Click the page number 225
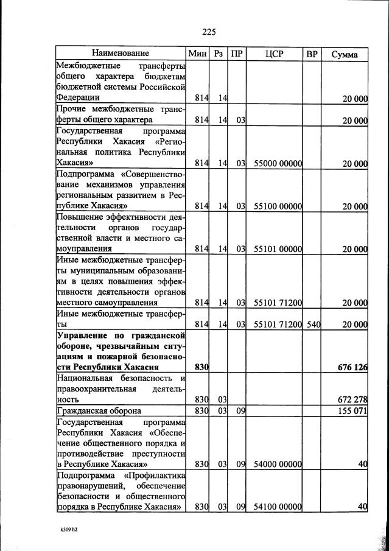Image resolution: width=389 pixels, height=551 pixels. tap(208, 32)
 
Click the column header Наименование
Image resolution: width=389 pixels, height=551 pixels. tap(121, 54)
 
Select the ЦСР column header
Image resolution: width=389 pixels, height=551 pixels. tap(275, 54)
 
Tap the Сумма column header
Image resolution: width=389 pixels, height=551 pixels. tap(344, 54)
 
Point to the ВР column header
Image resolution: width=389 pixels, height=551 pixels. tap(312, 54)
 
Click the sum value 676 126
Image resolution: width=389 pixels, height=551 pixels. tap(352, 368)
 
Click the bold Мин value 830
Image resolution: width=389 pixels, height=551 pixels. tap(202, 368)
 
